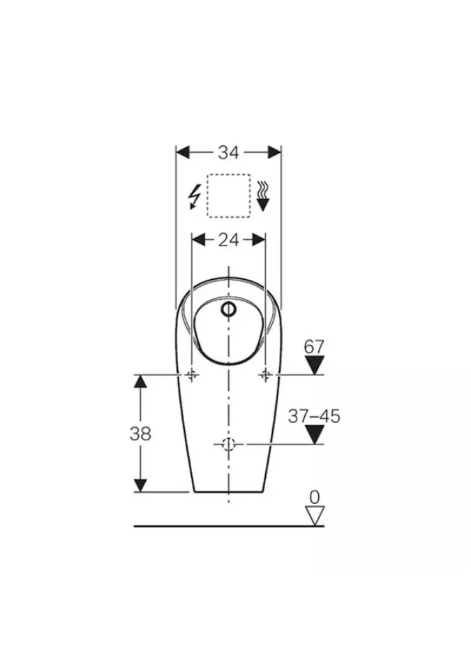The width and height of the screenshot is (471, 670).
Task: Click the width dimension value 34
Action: (x=229, y=153)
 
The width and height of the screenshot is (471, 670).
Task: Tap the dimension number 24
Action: (x=229, y=239)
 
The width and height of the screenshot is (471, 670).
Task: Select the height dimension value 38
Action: (x=141, y=433)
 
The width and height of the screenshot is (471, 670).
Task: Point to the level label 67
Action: (x=314, y=347)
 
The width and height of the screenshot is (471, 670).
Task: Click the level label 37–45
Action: (x=314, y=416)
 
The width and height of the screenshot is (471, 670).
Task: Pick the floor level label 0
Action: (x=315, y=498)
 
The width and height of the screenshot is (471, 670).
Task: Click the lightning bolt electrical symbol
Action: (x=195, y=197)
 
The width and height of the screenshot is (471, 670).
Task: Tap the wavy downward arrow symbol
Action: (x=262, y=195)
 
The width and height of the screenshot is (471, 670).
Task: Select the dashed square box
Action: (x=229, y=195)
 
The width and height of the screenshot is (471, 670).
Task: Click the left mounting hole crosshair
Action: (x=191, y=375)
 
